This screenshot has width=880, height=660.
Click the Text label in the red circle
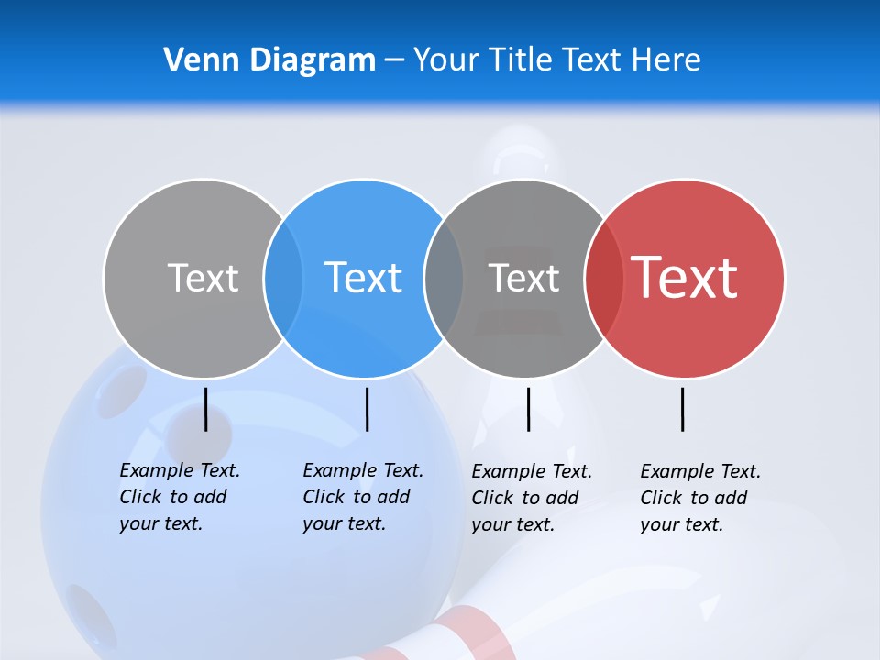685,278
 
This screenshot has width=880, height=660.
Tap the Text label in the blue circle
364,278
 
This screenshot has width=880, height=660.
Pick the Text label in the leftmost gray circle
203,278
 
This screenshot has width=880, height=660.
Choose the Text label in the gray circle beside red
523,278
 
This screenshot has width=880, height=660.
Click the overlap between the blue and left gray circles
283,278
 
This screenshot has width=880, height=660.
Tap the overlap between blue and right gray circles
444,278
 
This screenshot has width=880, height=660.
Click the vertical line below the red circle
683,409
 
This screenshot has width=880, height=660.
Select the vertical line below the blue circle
367,409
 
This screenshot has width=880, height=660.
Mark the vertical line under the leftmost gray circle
205,409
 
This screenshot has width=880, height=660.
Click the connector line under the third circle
528,409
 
